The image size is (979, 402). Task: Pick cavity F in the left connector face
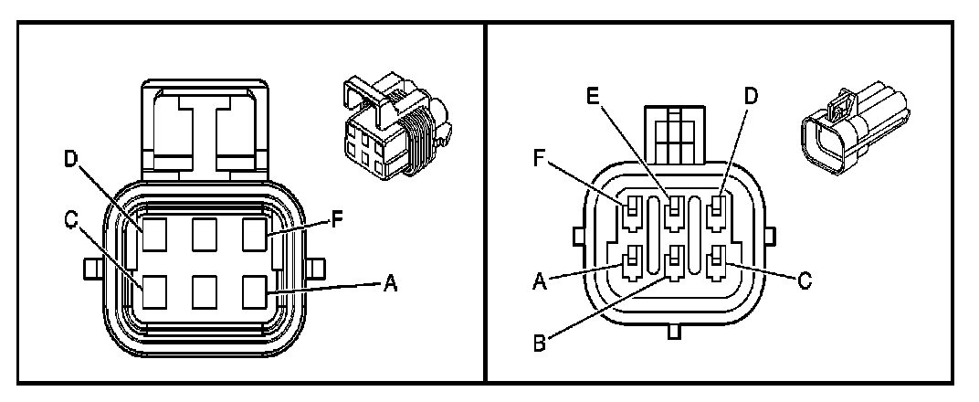point(254,236)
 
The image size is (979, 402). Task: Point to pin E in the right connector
point(674,216)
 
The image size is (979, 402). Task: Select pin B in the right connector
point(674,263)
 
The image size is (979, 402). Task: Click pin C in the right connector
point(716,263)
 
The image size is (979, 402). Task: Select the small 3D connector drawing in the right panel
point(853,135)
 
